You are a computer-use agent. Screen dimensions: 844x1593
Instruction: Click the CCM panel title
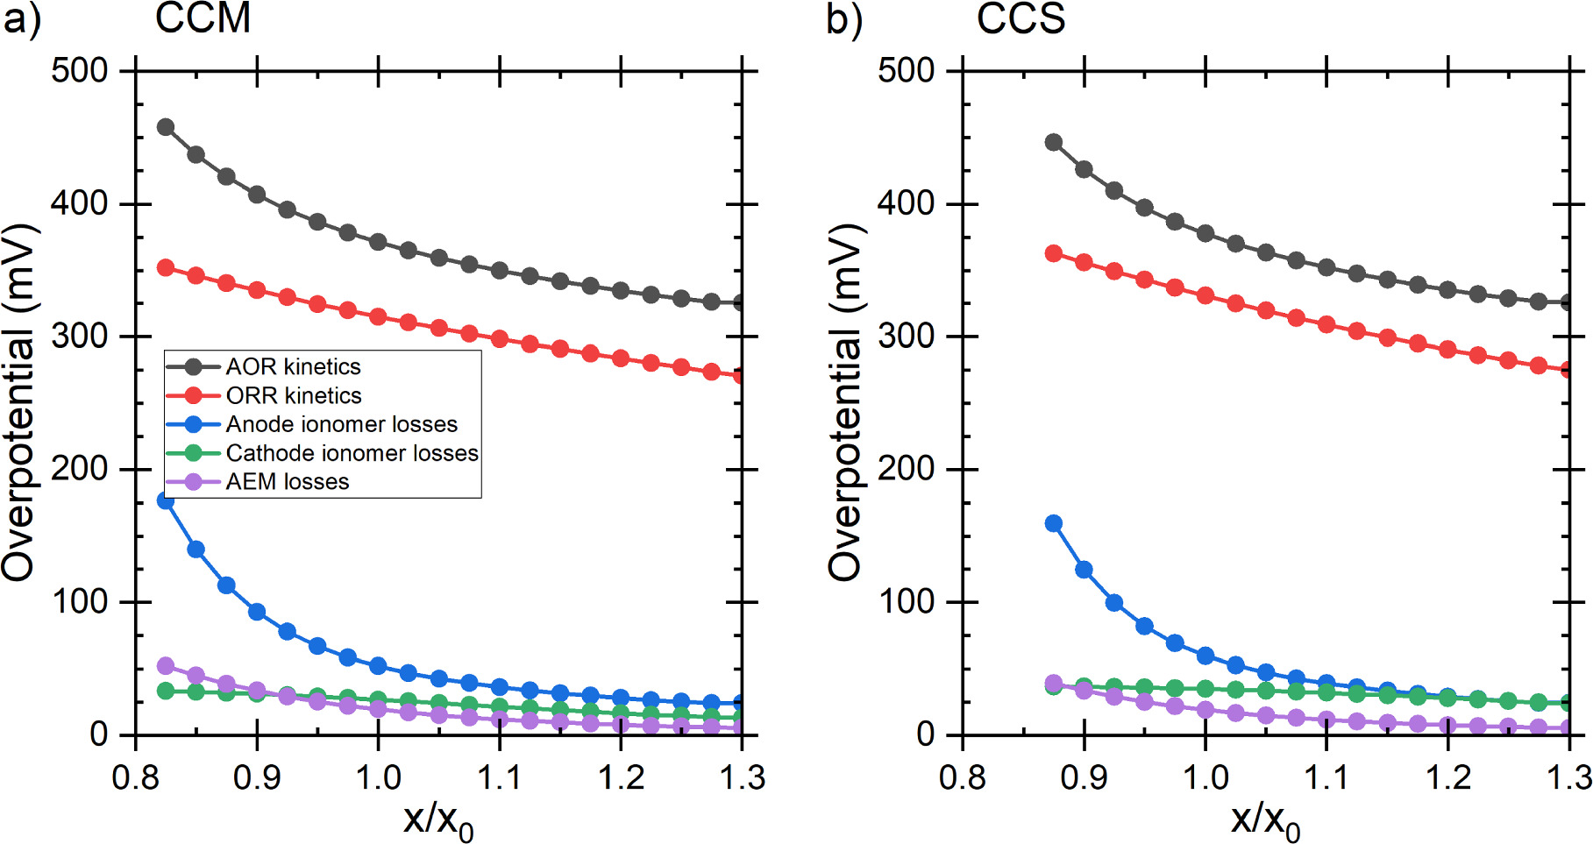[x=203, y=18]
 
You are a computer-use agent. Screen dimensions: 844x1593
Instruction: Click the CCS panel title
[x=1021, y=18]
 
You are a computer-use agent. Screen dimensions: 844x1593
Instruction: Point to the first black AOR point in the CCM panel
[x=165, y=127]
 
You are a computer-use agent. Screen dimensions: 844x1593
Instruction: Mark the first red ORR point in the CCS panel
[x=1054, y=254]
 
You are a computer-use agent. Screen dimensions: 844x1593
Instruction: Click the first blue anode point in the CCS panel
[x=1054, y=524]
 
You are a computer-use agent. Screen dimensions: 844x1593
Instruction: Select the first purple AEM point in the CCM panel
[x=165, y=666]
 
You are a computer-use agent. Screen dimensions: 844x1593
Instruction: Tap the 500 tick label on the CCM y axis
[x=79, y=70]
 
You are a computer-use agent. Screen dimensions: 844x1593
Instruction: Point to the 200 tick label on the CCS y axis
[x=907, y=469]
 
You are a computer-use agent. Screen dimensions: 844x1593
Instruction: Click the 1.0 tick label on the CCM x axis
[x=378, y=777]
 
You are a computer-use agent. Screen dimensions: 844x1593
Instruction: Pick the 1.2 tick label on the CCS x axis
[x=1447, y=777]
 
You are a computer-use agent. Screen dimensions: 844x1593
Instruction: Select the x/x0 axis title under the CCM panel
[x=437, y=819]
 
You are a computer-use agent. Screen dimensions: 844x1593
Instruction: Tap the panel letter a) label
[x=22, y=19]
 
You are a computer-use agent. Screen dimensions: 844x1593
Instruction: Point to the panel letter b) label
[x=844, y=19]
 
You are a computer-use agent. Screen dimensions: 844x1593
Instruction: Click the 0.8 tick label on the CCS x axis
[x=962, y=777]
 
